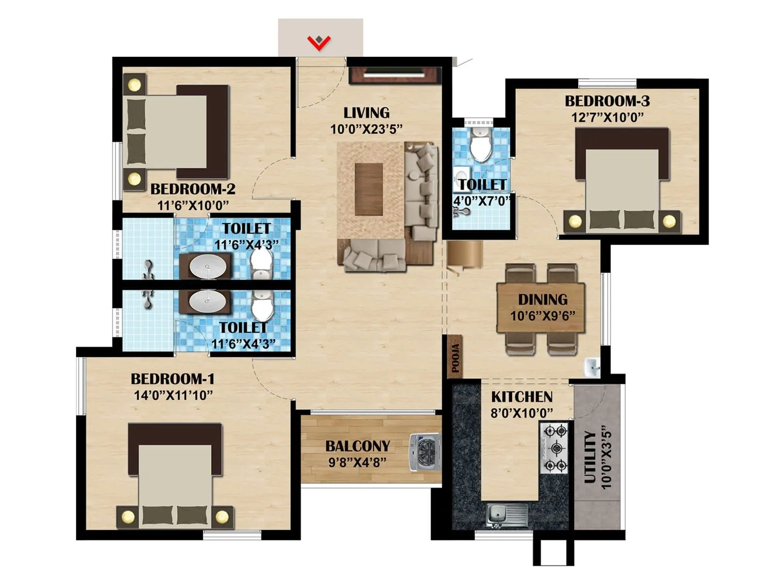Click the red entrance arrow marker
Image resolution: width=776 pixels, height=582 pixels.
click(319, 43)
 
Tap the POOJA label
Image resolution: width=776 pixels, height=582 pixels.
click(455, 358)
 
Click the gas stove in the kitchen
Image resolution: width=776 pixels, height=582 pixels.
click(554, 448)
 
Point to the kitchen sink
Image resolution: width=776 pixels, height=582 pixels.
click(507, 515)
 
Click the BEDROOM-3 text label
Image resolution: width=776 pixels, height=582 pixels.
click(607, 101)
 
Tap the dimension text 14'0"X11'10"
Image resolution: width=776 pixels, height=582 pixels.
click(173, 395)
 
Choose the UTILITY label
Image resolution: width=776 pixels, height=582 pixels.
click(590, 457)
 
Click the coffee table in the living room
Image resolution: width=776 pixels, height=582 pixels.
click(369, 189)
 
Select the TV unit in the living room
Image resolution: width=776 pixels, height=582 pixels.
click(394, 75)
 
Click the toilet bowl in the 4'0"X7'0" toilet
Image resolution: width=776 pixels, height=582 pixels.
click(481, 145)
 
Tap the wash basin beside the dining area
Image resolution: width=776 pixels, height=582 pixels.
click(592, 367)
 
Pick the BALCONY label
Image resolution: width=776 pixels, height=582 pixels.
click(357, 446)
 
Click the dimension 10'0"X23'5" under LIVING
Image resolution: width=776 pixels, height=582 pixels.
click(366, 129)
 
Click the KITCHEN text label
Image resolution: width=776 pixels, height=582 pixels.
click(521, 397)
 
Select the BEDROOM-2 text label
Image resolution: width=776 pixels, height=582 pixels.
click(193, 189)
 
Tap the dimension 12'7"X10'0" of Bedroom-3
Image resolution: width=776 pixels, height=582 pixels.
click(607, 117)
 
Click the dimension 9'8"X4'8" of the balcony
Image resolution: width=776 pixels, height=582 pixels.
click(357, 462)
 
